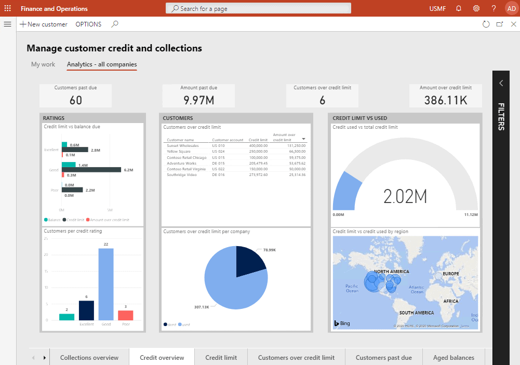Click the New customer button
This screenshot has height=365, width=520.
tap(44, 24)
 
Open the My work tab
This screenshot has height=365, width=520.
tap(43, 64)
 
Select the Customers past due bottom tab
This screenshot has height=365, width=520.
tap(383, 357)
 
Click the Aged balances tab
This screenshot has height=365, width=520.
tap(455, 357)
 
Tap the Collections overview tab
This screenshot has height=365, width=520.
tap(89, 357)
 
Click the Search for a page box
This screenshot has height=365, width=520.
tap(258, 8)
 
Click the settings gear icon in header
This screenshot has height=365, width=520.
tap(476, 8)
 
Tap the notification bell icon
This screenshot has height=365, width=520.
tap(459, 8)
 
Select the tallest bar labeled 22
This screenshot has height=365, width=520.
tap(106, 284)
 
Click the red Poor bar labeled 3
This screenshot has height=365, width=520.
tap(125, 315)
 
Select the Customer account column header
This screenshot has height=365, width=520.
tap(228, 140)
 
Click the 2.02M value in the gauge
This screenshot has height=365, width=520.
tap(405, 196)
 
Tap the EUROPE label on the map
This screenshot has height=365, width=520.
tap(450, 274)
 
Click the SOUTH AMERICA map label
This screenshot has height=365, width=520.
tap(416, 313)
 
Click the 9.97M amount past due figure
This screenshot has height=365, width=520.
tap(198, 100)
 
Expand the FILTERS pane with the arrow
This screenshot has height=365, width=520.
tap(501, 83)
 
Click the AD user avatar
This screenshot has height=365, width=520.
tap(511, 8)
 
